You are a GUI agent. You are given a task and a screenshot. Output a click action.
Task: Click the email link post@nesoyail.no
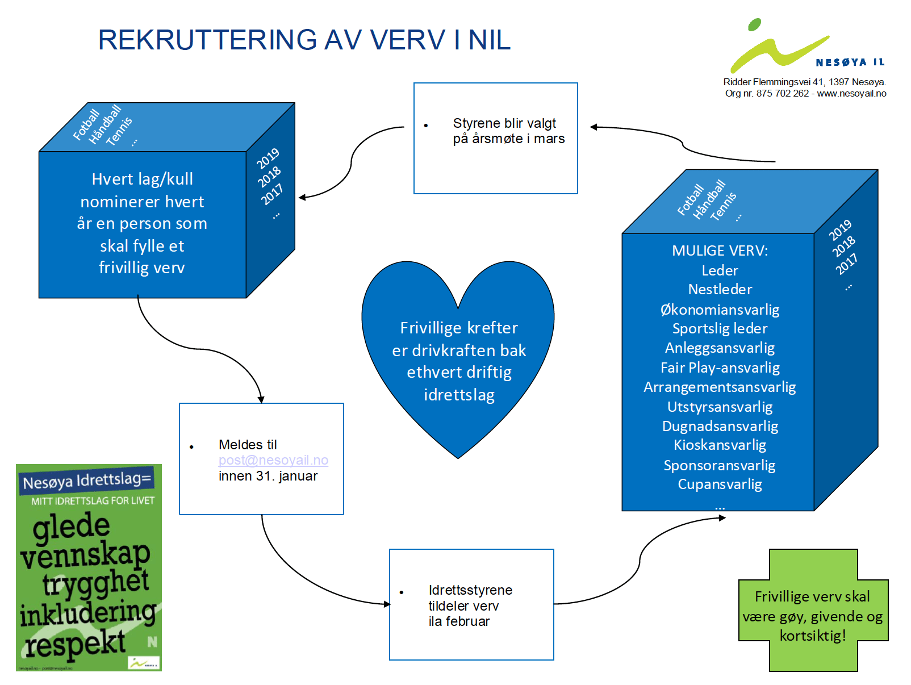point(273,460)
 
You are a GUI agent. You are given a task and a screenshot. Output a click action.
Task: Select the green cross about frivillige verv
point(813,611)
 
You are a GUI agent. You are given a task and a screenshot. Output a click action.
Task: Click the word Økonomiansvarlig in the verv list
point(720,310)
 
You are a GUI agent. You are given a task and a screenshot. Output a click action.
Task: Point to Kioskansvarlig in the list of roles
point(720,445)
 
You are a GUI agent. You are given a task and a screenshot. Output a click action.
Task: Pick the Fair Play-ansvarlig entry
point(720,367)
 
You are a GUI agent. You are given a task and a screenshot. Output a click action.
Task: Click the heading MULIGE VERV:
point(720,250)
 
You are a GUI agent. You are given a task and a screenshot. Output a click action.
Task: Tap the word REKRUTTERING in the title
point(207,40)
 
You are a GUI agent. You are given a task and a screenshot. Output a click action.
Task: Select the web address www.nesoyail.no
point(851,93)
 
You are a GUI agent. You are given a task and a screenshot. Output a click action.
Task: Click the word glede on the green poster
point(71,526)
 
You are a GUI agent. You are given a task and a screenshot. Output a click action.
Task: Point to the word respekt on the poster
point(74,644)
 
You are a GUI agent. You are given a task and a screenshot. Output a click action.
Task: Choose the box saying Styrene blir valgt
point(495,138)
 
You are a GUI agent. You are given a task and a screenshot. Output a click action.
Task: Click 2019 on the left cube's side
point(268,158)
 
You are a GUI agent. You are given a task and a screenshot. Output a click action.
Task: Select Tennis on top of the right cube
point(723,206)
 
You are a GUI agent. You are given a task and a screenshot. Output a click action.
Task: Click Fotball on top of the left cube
point(86,124)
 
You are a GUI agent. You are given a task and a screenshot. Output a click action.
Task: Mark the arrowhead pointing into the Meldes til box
point(261,400)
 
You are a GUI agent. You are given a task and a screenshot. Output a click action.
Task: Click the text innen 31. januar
point(268,476)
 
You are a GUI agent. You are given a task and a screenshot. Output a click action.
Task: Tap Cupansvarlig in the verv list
point(720,484)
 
